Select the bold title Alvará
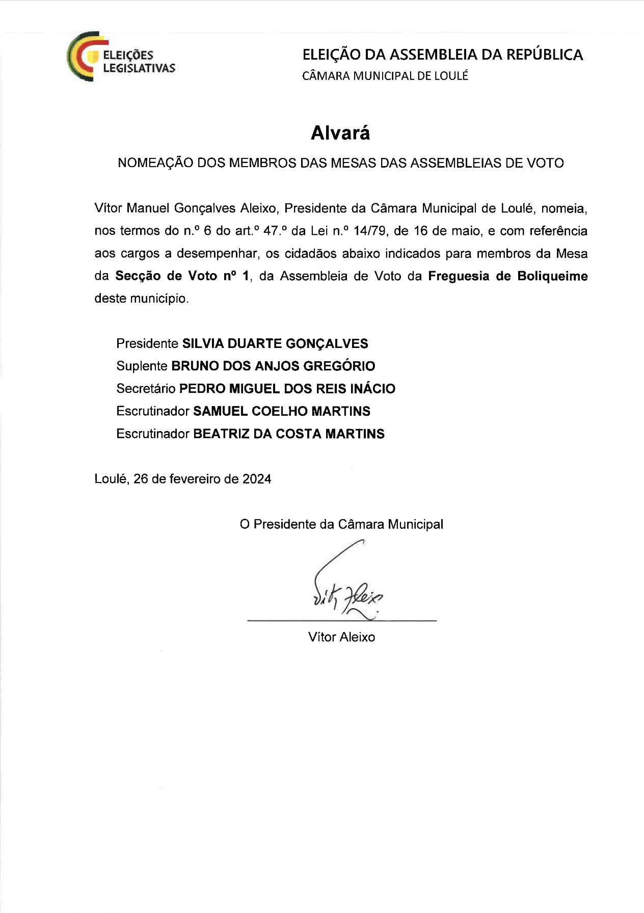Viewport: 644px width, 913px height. pyautogui.click(x=340, y=133)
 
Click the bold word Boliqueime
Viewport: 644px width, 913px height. pyautogui.click(x=552, y=276)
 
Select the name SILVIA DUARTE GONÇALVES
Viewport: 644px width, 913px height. pyautogui.click(x=275, y=343)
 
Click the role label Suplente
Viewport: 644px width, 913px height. pyautogui.click(x=142, y=366)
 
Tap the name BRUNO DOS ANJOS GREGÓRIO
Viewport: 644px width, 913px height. pyautogui.click(x=273, y=366)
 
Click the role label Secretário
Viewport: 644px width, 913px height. pyautogui.click(x=146, y=389)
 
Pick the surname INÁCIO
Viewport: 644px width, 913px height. pyautogui.click(x=372, y=389)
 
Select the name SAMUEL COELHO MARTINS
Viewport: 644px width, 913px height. pyautogui.click(x=282, y=411)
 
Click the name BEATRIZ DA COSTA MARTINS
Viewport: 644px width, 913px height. pyautogui.click(x=289, y=434)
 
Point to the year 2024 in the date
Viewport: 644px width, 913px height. pyautogui.click(x=257, y=479)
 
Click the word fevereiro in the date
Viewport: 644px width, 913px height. pyautogui.click(x=195, y=479)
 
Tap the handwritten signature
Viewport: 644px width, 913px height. pyautogui.click(x=346, y=586)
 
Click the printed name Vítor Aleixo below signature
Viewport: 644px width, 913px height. pyautogui.click(x=341, y=637)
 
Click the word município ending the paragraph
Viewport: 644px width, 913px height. pyautogui.click(x=159, y=299)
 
